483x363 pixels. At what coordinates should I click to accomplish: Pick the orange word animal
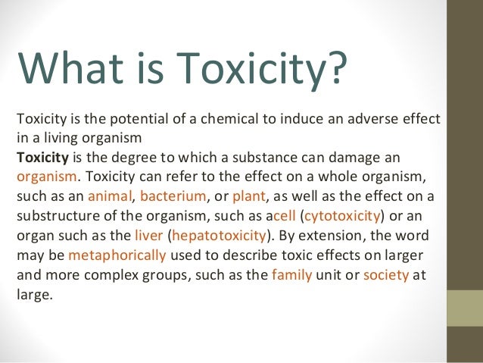(109, 196)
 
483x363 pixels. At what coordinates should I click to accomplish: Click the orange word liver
(148, 236)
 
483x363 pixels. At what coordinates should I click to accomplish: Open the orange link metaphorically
(117, 255)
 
